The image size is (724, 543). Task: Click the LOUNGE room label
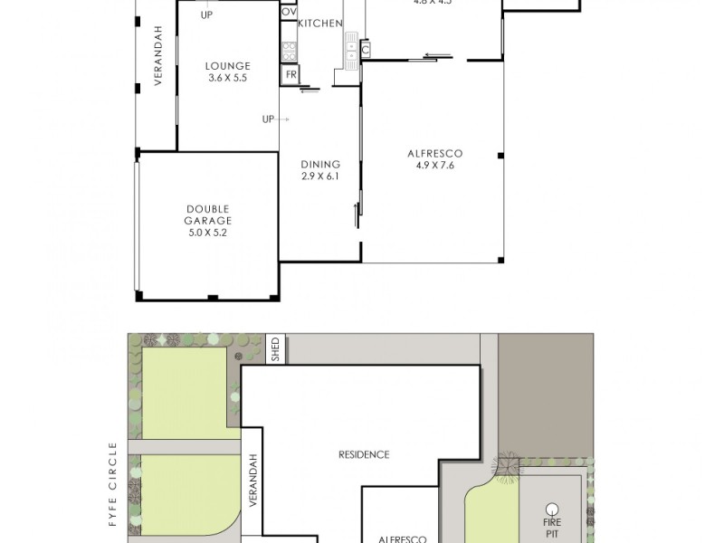pyautogui.click(x=227, y=65)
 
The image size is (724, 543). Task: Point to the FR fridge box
pyautogui.click(x=291, y=74)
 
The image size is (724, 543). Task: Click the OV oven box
pyautogui.click(x=288, y=12)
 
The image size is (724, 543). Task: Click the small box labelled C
pyautogui.click(x=365, y=50)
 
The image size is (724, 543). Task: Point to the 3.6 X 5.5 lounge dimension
pyautogui.click(x=227, y=78)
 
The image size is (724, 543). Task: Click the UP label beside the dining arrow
pyautogui.click(x=268, y=119)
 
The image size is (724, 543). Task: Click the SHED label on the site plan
pyautogui.click(x=276, y=349)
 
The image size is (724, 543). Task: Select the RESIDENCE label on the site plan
pyautogui.click(x=365, y=454)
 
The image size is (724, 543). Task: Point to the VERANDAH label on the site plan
pyautogui.click(x=253, y=480)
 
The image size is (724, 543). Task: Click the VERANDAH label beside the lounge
pyautogui.click(x=157, y=55)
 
